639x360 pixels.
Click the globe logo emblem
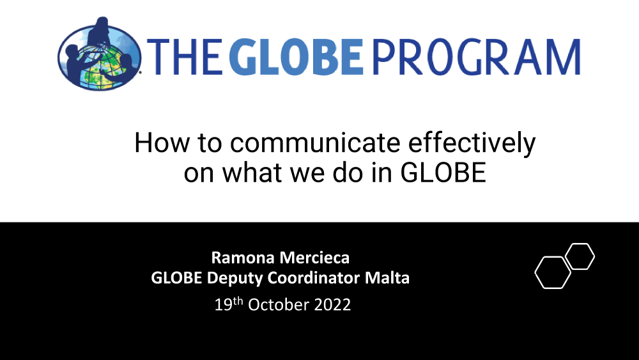coord(100,54)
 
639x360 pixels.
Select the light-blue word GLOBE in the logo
coord(296,58)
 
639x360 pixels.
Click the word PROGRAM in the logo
coord(476,58)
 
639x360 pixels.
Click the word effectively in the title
coord(472,144)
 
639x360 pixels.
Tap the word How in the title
coord(162,143)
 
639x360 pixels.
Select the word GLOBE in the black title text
coord(443,173)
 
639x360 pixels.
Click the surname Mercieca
coord(314,258)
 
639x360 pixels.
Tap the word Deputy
coord(236,278)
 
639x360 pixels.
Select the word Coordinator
coord(314,278)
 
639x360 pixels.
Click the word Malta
coord(387,278)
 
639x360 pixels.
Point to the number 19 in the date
coord(223,305)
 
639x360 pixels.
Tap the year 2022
coord(332,305)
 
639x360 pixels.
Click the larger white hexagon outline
coord(535,273)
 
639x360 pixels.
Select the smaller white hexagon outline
coord(594,256)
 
